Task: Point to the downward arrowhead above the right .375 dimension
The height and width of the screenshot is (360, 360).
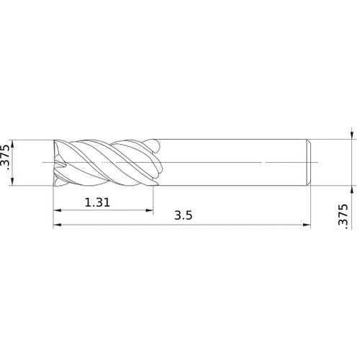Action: point(351,135)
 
